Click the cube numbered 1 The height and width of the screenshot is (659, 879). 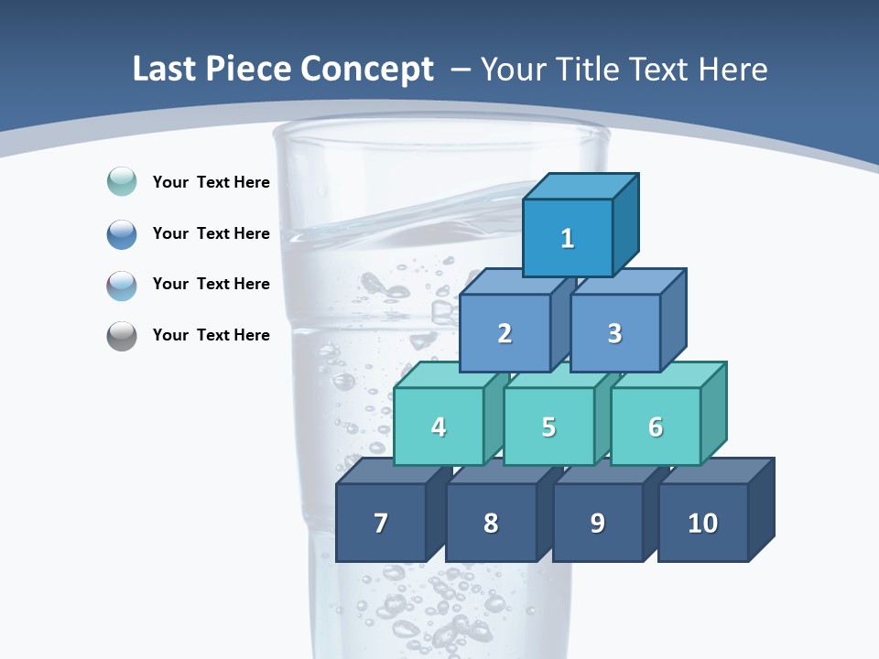(x=568, y=238)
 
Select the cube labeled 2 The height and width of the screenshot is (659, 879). (x=505, y=333)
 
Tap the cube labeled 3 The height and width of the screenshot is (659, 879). (x=614, y=333)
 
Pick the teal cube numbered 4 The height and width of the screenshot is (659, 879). (x=439, y=427)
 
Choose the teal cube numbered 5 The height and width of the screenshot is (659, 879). (x=548, y=427)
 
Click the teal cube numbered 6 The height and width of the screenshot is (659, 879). (x=656, y=427)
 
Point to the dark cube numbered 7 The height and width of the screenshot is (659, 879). (x=381, y=523)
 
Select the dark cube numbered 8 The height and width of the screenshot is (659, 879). (x=491, y=523)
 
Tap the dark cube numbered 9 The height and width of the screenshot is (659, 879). (x=597, y=523)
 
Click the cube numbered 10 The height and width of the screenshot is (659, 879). (x=702, y=523)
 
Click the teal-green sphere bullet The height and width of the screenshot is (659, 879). (x=122, y=181)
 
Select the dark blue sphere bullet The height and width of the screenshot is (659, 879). (x=122, y=233)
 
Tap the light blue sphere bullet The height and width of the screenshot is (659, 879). (x=122, y=285)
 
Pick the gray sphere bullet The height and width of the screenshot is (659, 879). (x=122, y=336)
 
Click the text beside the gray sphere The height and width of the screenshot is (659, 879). (x=211, y=335)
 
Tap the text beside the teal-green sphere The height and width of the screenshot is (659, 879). (x=211, y=182)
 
